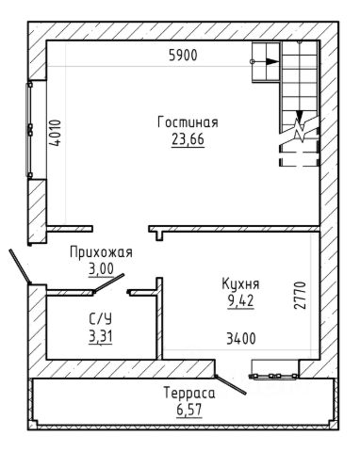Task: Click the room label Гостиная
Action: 188,122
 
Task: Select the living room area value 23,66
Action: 188,139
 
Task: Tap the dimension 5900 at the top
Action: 183,56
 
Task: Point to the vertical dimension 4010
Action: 55,133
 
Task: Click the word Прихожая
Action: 101,252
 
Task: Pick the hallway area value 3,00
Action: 101,269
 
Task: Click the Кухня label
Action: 240,284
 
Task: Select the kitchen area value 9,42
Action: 240,301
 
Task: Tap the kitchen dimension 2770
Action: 300,296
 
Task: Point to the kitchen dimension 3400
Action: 241,339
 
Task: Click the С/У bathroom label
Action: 101,319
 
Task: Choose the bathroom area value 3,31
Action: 101,337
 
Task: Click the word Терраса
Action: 189,394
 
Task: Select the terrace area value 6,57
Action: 189,411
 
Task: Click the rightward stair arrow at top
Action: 265,61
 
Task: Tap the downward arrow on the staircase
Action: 300,117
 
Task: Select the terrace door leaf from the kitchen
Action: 230,384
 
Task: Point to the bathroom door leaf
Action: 108,283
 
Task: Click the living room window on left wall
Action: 29,130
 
